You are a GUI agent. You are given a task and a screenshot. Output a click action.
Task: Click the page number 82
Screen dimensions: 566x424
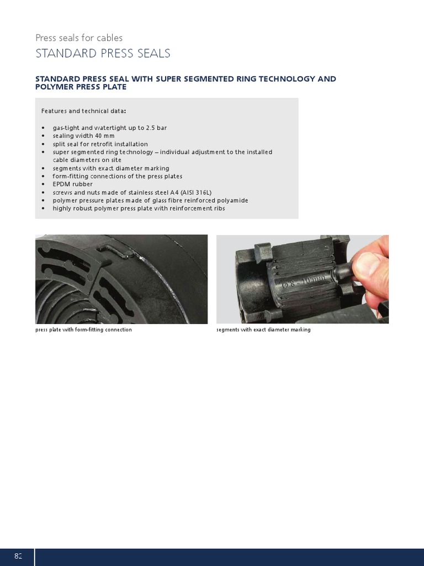click(18, 556)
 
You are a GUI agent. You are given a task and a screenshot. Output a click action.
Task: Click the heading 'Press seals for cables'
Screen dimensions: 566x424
click(79, 38)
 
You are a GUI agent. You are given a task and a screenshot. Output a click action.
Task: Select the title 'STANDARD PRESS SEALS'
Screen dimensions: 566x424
click(103, 54)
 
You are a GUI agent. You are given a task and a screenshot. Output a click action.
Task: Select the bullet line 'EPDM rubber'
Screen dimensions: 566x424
click(72, 184)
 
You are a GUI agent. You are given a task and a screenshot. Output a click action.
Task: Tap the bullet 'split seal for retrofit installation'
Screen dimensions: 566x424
click(100, 144)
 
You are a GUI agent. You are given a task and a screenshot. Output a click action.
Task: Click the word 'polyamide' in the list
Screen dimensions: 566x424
click(232, 200)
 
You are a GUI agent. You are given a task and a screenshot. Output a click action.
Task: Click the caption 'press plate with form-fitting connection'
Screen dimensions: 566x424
click(83, 330)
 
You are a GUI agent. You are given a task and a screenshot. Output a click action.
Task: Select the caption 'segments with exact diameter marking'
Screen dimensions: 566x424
click(263, 330)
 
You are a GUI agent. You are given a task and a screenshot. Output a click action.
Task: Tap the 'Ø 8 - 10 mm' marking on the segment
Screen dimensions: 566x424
click(304, 282)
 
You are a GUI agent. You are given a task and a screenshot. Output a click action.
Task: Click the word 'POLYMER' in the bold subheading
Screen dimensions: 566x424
click(55, 87)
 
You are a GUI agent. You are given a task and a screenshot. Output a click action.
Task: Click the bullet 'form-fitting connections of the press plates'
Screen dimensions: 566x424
click(117, 176)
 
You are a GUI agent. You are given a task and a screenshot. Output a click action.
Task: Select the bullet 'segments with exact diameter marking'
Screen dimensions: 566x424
click(111, 168)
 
